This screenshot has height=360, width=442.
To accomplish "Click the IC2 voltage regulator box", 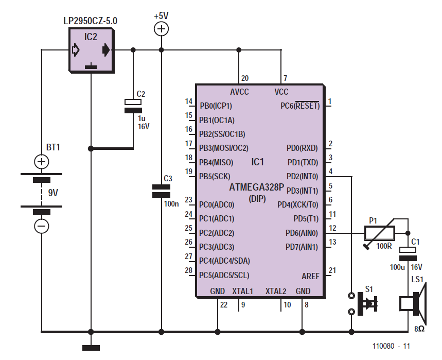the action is (x=92, y=50).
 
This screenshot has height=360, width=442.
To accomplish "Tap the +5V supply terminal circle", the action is (x=161, y=29).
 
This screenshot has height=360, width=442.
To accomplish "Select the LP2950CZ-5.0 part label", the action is (x=90, y=21).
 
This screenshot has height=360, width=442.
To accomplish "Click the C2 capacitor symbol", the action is (x=133, y=106).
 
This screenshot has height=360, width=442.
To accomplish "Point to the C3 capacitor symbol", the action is (x=161, y=191).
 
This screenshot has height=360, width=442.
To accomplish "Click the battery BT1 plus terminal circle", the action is (x=42, y=162).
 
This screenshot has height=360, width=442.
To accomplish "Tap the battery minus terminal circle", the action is (x=42, y=226).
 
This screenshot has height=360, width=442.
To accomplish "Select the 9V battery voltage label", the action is (x=53, y=193).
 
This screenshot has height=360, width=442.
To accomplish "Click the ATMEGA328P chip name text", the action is (x=257, y=187).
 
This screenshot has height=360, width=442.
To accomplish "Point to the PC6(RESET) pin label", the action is (x=300, y=106).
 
